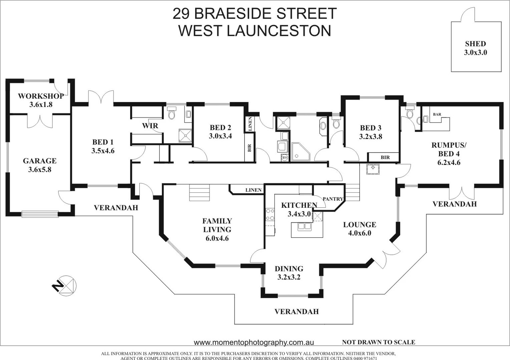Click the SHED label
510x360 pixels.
(x=475, y=44)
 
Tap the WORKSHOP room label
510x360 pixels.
(x=41, y=96)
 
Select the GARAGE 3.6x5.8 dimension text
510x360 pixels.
(x=40, y=170)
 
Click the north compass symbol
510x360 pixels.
(x=64, y=286)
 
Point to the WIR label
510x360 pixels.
(x=150, y=126)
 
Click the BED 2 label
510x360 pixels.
(x=220, y=128)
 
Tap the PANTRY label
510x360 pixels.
(x=333, y=199)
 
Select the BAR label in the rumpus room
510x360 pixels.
(x=437, y=114)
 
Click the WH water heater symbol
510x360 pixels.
(x=284, y=157)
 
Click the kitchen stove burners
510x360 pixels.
(x=270, y=215)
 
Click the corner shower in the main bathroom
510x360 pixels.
(x=300, y=152)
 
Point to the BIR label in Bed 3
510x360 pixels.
(x=385, y=157)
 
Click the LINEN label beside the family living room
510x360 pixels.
(x=253, y=190)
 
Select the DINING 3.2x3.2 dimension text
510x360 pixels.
(x=289, y=277)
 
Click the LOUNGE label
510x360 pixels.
(x=360, y=225)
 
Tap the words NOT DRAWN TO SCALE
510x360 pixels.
(x=378, y=342)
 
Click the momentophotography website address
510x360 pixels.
(x=253, y=342)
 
